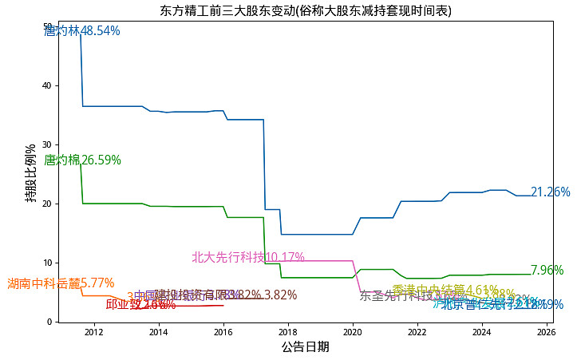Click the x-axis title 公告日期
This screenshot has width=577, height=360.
305,347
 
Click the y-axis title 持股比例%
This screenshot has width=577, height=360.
30,172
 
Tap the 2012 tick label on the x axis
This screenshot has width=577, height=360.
93,332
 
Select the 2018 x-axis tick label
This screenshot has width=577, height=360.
287,332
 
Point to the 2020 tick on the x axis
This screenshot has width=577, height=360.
353,332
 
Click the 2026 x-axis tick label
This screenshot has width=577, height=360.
547,332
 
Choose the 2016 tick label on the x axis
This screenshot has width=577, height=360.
223,332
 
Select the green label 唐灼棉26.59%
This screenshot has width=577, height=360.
82,160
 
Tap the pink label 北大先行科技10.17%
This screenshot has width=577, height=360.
248,257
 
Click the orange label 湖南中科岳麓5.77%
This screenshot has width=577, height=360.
61,283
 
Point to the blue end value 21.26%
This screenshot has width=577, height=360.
551,192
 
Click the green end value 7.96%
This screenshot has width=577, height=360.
547,271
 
